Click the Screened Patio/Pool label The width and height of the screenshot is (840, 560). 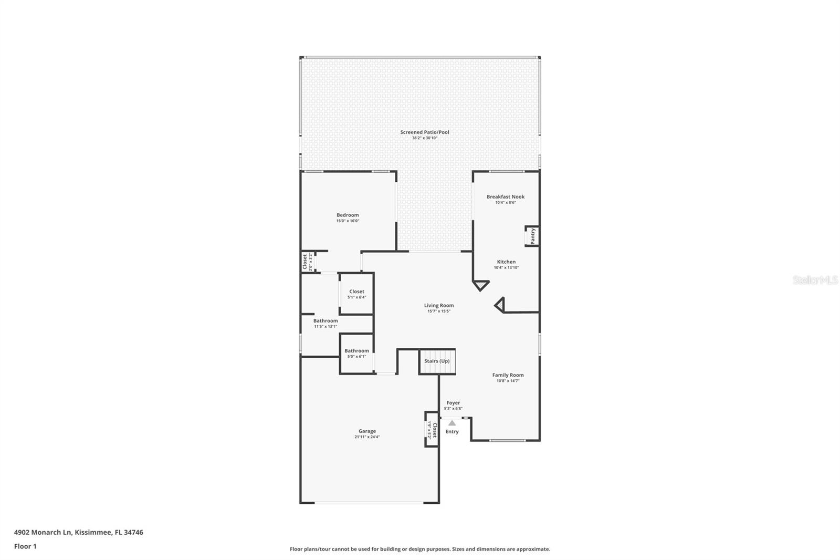pos(424,132)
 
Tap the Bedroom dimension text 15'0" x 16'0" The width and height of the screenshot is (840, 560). pos(348,221)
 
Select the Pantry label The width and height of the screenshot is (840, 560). pos(532,236)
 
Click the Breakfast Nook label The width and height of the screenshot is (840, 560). pos(505,197)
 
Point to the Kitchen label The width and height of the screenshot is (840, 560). pos(506,262)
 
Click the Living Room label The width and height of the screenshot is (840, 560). pos(439,305)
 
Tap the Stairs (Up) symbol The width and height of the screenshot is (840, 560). pos(437,361)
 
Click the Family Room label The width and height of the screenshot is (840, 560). pos(508,375)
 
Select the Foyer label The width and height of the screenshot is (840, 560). pos(453,403)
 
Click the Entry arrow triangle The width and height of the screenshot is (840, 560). pos(452,422)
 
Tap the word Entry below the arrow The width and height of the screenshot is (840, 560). pos(452,432)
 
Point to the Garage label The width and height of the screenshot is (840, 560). pos(367,431)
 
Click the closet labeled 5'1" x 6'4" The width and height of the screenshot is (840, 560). pos(356,294)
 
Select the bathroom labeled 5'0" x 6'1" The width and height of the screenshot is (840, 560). pos(356,353)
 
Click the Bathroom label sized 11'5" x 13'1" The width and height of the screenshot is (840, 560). pos(325,321)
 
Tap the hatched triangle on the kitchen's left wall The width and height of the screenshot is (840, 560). pos(480,285)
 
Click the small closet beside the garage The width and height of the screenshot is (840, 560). pos(432,429)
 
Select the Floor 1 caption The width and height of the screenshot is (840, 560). pos(25,546)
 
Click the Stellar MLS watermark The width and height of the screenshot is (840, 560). pos(815,280)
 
